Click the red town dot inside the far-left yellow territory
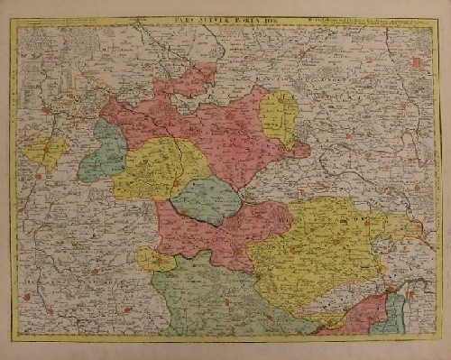40,152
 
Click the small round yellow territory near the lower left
155,260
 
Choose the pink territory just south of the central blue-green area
216,239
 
